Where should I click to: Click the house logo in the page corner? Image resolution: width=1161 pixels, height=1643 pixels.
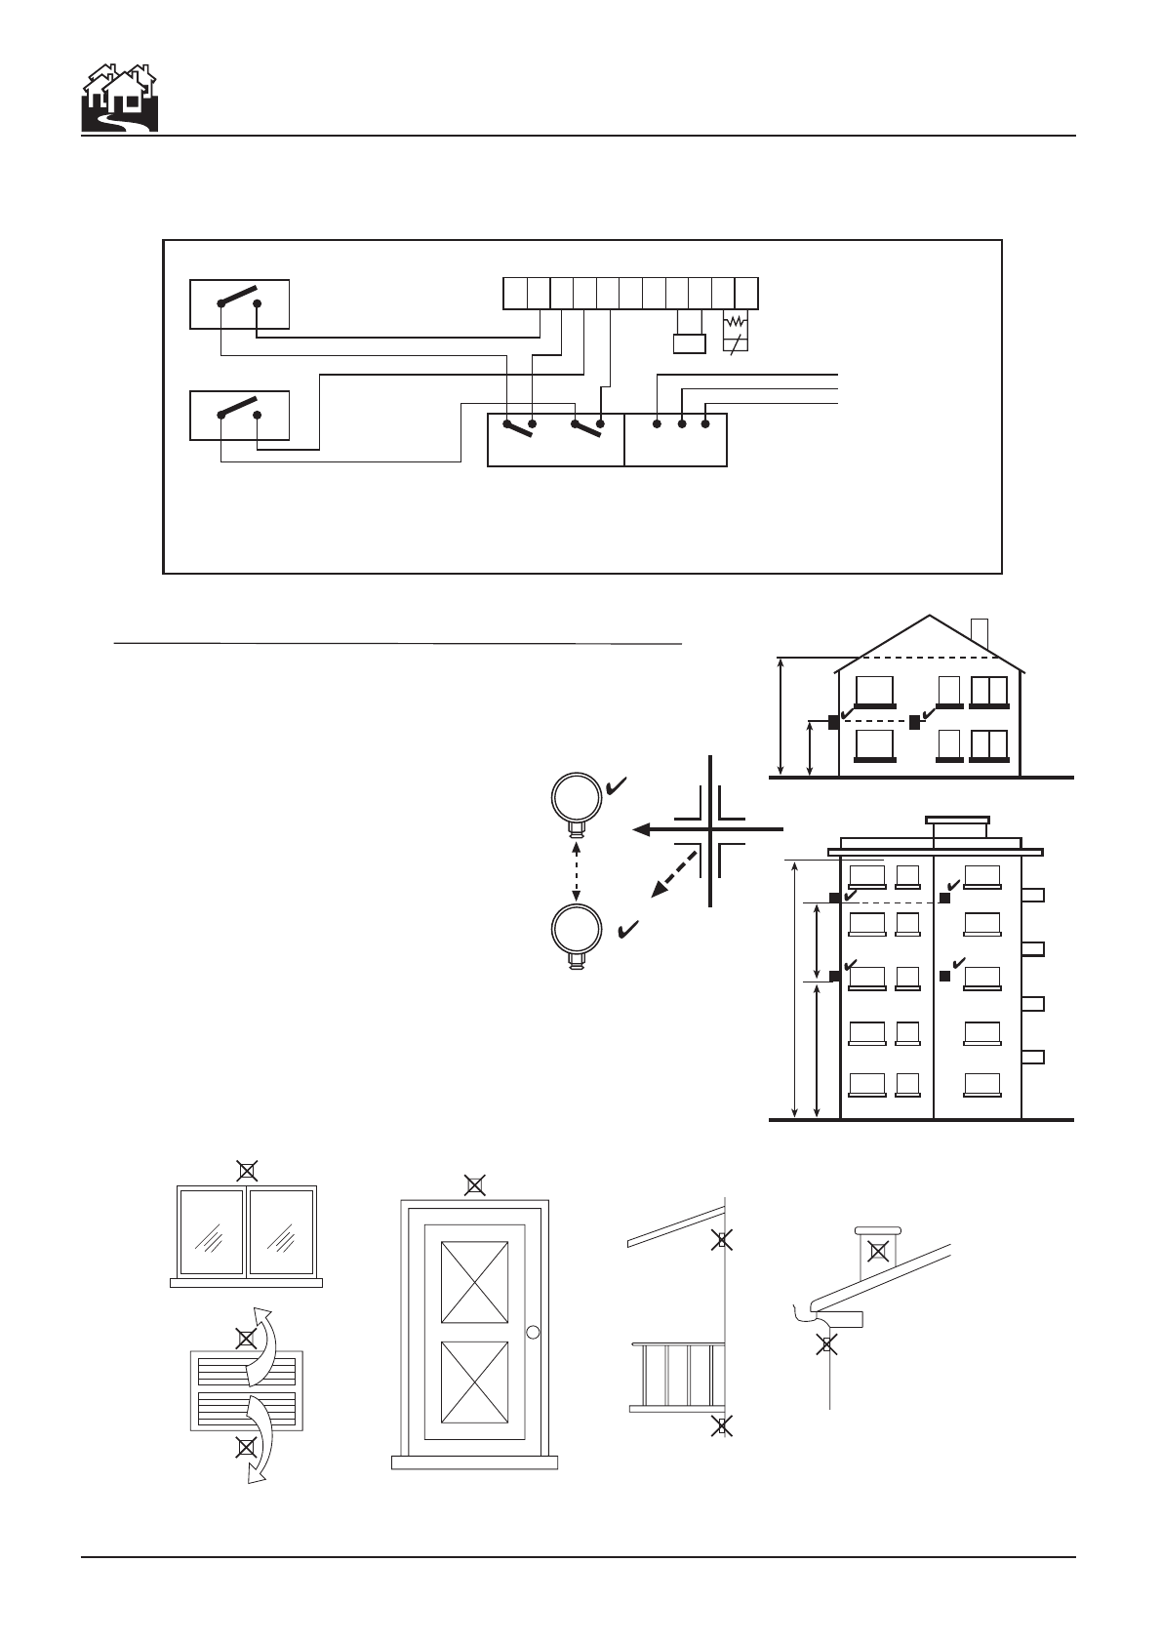(x=118, y=99)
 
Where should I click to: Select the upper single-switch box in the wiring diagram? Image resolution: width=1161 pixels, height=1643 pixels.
(x=239, y=303)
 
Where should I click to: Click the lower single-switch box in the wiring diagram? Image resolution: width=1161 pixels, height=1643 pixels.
(x=239, y=415)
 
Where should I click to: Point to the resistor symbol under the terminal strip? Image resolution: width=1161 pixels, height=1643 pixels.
(x=736, y=323)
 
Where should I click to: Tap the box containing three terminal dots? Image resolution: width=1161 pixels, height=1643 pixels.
(x=675, y=439)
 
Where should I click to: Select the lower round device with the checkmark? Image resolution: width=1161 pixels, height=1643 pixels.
(x=576, y=931)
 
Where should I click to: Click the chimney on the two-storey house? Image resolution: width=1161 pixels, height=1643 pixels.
(x=980, y=633)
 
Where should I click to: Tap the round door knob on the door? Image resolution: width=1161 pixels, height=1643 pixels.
(x=532, y=1332)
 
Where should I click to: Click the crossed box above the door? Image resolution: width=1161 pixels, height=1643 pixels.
(x=474, y=1185)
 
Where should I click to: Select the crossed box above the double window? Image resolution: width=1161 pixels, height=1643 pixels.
(x=248, y=1170)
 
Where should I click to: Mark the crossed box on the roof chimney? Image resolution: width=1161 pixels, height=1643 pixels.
(x=878, y=1251)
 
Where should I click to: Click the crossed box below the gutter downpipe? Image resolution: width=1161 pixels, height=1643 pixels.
(x=827, y=1344)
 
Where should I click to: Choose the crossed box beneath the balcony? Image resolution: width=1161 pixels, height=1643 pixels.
(x=722, y=1425)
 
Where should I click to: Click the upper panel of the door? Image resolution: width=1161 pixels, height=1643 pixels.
(x=474, y=1282)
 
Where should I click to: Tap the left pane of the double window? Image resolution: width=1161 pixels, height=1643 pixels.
(x=211, y=1231)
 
